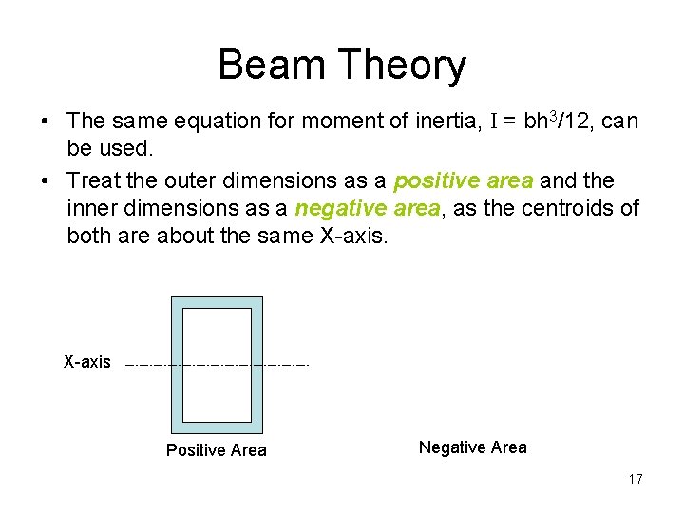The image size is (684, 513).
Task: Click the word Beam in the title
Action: pyautogui.click(x=272, y=66)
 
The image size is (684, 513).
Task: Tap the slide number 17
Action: pyautogui.click(x=635, y=479)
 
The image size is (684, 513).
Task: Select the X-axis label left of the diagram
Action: pyautogui.click(x=86, y=362)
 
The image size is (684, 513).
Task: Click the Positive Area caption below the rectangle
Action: pyautogui.click(x=217, y=450)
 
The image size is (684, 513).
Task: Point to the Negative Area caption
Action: pyautogui.click(x=472, y=447)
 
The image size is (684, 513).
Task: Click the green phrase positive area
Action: pyautogui.click(x=464, y=180)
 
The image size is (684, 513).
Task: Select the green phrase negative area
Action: pyautogui.click(x=367, y=208)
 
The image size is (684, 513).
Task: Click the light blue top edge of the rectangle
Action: pyautogui.click(x=217, y=302)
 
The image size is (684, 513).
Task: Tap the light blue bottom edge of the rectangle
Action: pyautogui.click(x=217, y=427)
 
